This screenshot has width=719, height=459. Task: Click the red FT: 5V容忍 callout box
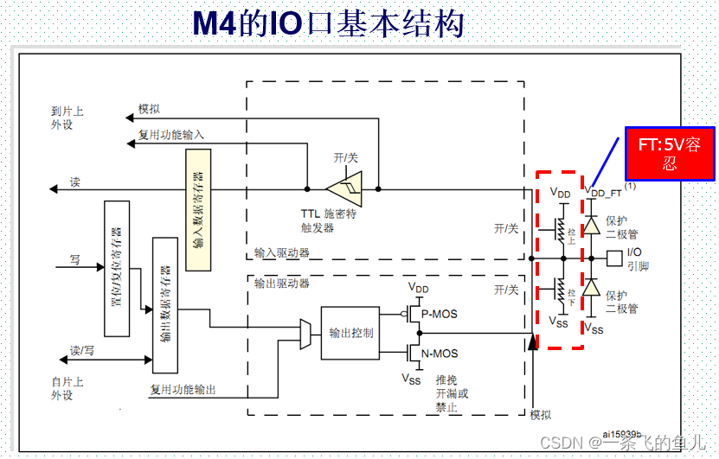(669, 154)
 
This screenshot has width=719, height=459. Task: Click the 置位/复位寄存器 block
(116, 269)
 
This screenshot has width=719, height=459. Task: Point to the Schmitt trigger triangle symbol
(344, 188)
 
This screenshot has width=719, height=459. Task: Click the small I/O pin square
(614, 257)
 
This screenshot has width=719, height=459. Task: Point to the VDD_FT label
(604, 192)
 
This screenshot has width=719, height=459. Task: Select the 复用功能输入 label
(171, 136)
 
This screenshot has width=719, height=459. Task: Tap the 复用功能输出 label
(183, 390)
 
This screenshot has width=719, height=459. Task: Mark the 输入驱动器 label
(282, 253)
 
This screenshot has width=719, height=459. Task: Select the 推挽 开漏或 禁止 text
(452, 393)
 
